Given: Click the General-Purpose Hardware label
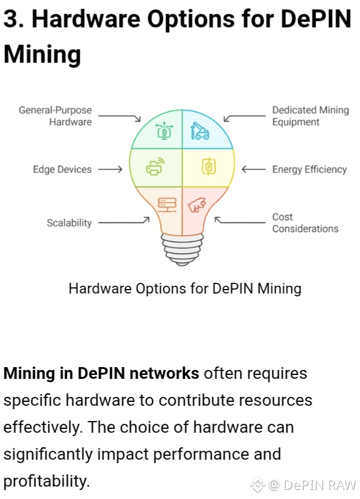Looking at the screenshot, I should [55, 116].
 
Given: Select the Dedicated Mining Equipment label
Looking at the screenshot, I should [310, 116].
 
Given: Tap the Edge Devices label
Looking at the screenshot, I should [62, 169].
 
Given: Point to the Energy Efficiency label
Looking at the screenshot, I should [309, 169].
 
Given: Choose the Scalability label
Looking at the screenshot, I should [69, 223].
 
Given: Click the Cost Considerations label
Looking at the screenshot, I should [305, 223].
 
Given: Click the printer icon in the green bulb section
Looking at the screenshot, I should [154, 167].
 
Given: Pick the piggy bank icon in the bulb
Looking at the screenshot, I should [197, 205].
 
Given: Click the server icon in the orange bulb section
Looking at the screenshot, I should [167, 204].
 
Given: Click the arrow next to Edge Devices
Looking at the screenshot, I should [110, 169].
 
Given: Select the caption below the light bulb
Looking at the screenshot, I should [185, 289].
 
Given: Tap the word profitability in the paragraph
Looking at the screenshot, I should [46, 480].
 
